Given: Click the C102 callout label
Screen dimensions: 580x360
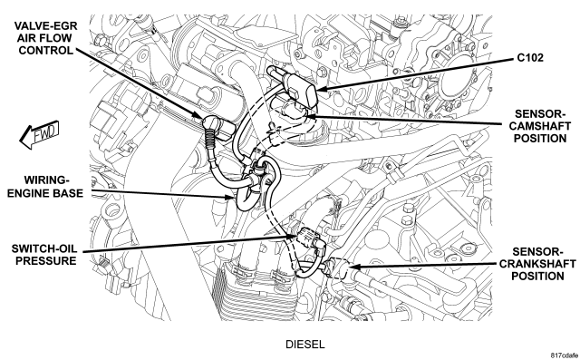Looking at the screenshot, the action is point(530,58).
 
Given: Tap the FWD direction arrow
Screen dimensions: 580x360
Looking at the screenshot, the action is point(39,134).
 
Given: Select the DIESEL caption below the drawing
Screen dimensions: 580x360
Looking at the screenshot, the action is point(304,345).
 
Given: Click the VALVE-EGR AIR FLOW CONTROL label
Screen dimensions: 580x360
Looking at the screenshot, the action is point(46,38).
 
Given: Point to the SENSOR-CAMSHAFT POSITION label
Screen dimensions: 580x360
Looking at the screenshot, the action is point(540,126).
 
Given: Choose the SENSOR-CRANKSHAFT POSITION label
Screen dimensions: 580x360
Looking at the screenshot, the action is point(537,264).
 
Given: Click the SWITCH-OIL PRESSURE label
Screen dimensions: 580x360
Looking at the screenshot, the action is point(45,254).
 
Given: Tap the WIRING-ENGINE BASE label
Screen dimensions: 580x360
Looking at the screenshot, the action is point(45,187).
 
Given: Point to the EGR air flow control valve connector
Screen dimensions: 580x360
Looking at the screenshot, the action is point(217,128).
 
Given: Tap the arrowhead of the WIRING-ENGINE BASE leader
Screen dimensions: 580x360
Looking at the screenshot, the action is point(230,197).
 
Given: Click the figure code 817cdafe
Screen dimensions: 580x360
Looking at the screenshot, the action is point(564,355).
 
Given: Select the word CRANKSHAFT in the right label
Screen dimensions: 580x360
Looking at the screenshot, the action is point(537,264).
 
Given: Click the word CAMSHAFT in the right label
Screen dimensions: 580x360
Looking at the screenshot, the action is point(540,126).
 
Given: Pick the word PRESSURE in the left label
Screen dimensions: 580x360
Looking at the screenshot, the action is point(46,260).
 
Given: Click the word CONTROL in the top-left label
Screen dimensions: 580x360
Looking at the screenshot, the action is point(46,50).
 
